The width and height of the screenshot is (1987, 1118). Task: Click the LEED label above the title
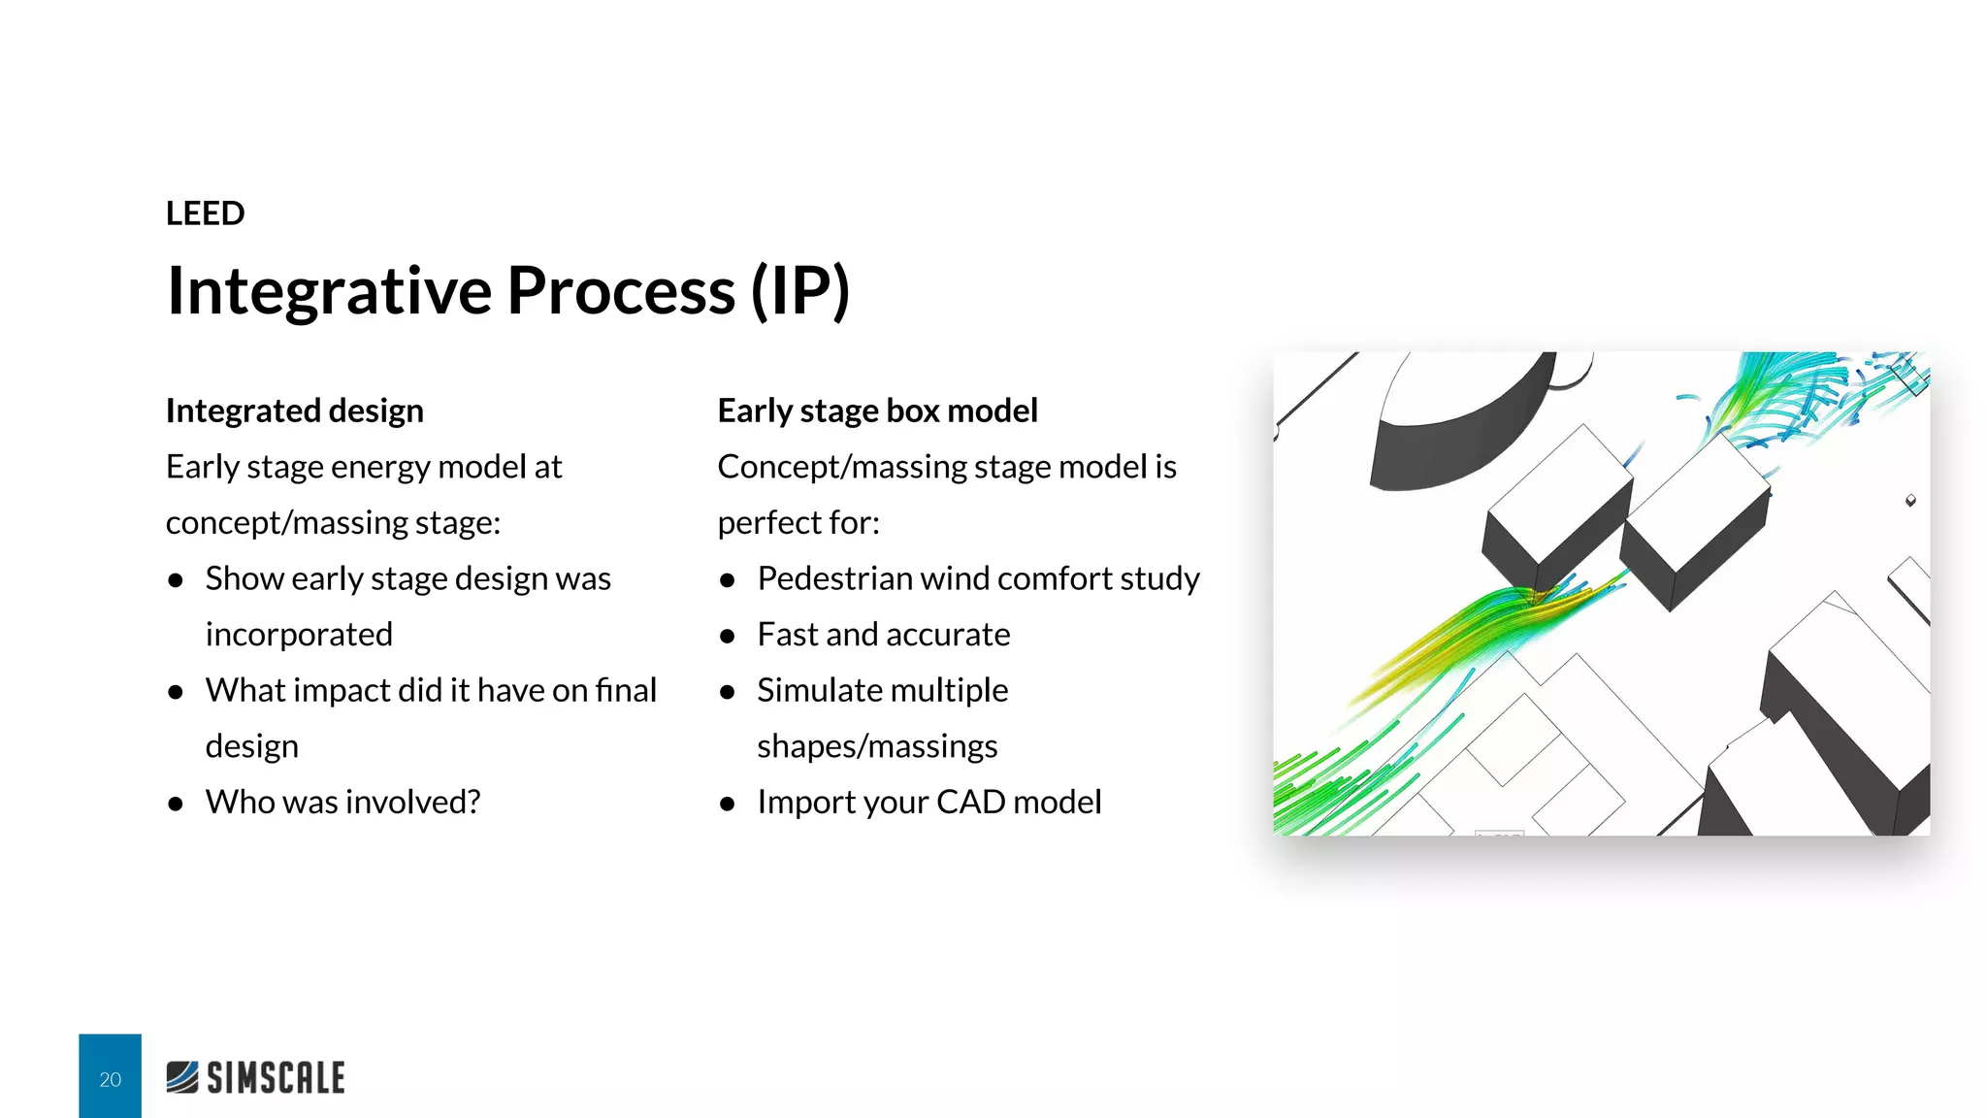point(205,214)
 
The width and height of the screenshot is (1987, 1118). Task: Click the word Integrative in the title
point(329,290)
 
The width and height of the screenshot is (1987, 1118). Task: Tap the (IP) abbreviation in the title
point(800,290)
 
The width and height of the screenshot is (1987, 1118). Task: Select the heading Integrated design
point(294,411)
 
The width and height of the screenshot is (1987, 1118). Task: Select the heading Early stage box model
point(877,411)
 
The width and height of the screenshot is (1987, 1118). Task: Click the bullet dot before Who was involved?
point(176,804)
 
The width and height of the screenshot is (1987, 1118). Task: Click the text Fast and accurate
point(883,635)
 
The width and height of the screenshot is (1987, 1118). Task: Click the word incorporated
point(299,635)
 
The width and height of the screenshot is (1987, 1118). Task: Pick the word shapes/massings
point(876,746)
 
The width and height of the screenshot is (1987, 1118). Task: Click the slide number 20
point(110,1079)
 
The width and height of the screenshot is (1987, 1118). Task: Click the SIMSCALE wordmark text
point(276,1078)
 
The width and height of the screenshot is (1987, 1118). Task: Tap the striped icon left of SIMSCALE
point(182,1077)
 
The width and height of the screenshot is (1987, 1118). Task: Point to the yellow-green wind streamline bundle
point(1446,641)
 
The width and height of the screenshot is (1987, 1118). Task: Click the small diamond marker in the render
point(1910,501)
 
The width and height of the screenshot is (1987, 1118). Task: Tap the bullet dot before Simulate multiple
point(728,692)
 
